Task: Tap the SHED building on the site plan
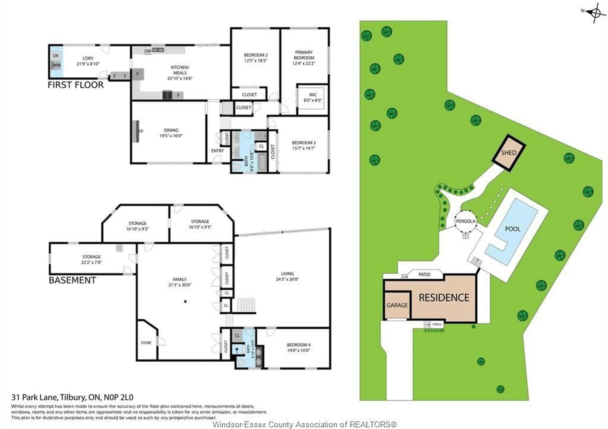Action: pos(508,153)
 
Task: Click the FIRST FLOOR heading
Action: pos(76,85)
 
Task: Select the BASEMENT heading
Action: pos(72,280)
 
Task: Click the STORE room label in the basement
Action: pos(146,343)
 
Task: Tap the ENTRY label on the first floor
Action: pos(217,151)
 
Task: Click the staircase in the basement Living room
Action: pos(246,305)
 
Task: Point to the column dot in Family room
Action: pos(185,301)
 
